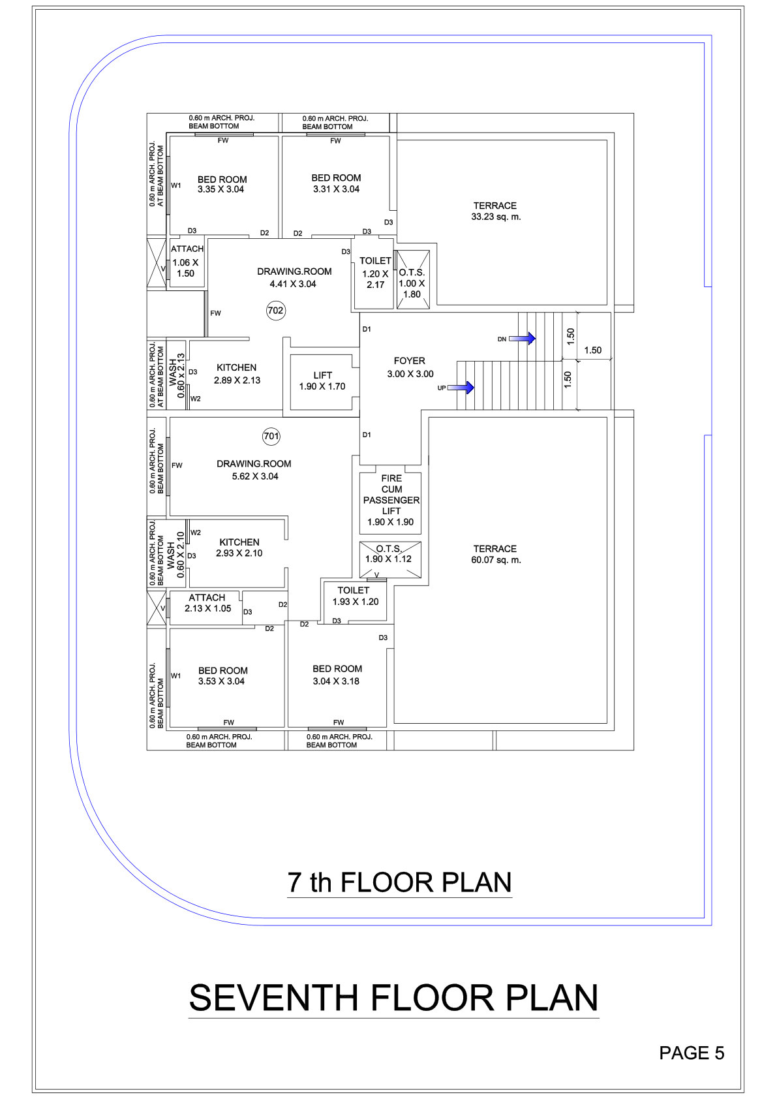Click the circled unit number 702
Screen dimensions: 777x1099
pos(276,311)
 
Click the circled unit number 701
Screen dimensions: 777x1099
pos(271,436)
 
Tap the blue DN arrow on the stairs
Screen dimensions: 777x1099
pos(523,339)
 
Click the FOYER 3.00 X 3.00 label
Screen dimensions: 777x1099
pos(410,367)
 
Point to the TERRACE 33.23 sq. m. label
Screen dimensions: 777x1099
pos(495,211)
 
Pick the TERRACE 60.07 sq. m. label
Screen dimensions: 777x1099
pos(495,555)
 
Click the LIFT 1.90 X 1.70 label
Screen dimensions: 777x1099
pos(322,380)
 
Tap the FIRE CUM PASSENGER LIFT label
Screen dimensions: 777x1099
pos(391,500)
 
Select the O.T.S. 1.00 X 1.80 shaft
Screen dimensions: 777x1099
pos(413,280)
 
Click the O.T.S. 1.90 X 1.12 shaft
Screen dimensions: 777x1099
pos(390,559)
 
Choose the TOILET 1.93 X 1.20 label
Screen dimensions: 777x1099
pos(355,596)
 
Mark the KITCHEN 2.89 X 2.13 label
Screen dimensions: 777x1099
pos(237,374)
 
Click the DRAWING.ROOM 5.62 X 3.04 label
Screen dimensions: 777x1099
pos(254,470)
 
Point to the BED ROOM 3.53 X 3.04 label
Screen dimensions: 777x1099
pos(222,675)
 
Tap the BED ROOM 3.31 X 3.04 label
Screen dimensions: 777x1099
pos(336,183)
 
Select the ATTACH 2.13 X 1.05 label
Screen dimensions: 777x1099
pos(207,603)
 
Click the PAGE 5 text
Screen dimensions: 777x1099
pos(692,1053)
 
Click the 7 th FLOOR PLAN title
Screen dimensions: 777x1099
pos(399,882)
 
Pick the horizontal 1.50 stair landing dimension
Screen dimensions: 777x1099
pos(592,350)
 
